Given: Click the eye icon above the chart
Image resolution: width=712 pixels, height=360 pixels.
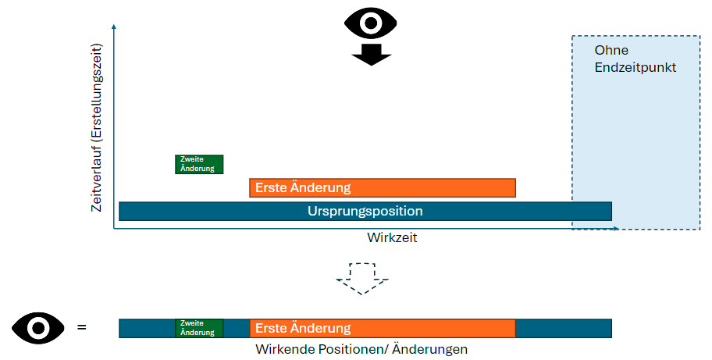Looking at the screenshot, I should coord(370,23).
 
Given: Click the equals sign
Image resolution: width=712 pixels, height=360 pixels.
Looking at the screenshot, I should coord(81,328).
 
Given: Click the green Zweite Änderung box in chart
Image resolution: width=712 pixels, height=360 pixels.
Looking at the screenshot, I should coord(199,164).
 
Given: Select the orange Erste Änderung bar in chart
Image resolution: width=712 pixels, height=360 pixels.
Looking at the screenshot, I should coord(383,187).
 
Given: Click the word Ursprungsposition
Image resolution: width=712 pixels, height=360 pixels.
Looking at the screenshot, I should coord(365,212).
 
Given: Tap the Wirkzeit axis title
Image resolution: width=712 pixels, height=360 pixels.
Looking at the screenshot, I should coord(392,237).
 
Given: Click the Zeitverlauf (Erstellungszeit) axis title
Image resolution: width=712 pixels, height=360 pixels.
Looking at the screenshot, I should coord(98,127).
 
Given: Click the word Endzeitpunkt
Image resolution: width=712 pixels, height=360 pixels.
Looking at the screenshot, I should coord(635,67).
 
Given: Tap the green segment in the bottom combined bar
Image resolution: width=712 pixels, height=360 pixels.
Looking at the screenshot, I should coord(199,328).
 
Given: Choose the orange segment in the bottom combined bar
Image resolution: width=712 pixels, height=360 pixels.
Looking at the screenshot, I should coord(383,328).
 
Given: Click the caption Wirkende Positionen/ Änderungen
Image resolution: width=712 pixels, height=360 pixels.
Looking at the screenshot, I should coord(361,349).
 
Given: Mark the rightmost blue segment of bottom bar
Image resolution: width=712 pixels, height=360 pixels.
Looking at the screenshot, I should coord(564,328).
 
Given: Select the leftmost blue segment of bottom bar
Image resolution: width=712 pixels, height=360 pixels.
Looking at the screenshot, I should coord(147,328).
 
